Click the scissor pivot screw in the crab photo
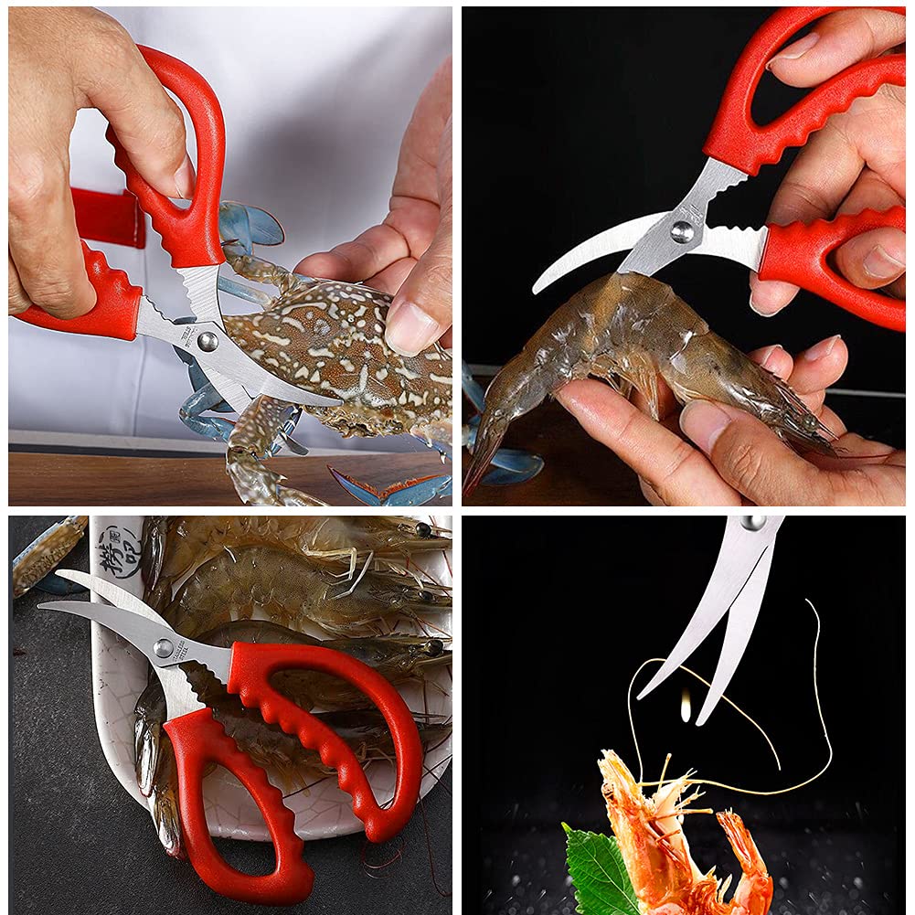[207, 340]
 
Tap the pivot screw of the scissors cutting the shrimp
[681, 231]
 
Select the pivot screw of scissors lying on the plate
[164, 648]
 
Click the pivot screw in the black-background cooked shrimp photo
[754, 522]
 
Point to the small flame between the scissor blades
[686, 706]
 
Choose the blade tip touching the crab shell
[335, 401]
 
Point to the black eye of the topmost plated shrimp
[421, 530]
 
